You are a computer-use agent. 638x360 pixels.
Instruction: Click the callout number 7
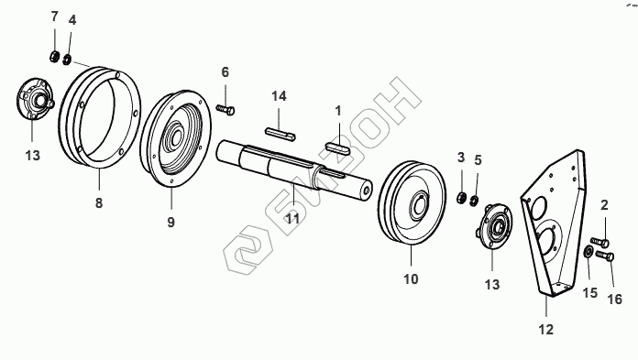tap(54, 17)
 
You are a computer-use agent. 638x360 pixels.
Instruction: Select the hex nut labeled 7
tap(54, 58)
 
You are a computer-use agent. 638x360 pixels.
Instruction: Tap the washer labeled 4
tap(67, 60)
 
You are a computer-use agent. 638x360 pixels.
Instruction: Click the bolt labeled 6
tap(225, 110)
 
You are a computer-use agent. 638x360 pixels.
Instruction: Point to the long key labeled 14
tap(280, 135)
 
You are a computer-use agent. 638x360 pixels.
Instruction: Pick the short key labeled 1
tap(337, 147)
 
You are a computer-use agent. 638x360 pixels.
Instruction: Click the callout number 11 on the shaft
tap(292, 219)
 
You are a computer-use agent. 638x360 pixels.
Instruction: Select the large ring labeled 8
tap(100, 117)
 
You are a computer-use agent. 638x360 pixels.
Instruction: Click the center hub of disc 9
tap(175, 138)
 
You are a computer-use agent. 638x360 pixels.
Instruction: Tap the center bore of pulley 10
tap(420, 202)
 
